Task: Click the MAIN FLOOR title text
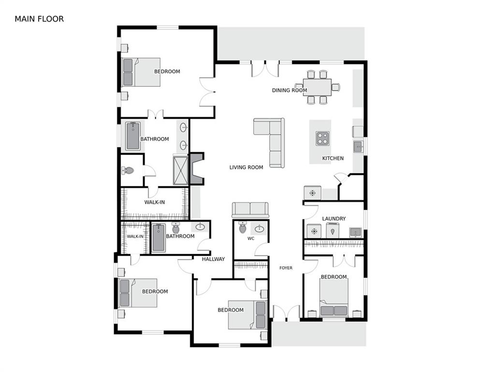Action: [x=39, y=19]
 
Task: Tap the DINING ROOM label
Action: [x=289, y=91]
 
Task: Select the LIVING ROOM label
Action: [x=247, y=167]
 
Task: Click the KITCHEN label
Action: [x=333, y=158]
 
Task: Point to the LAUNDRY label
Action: [x=334, y=218]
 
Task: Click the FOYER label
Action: [x=286, y=268]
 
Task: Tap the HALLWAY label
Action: [x=214, y=259]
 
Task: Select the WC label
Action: [x=251, y=239]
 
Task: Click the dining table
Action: [x=317, y=87]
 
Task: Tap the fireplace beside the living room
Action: [x=197, y=169]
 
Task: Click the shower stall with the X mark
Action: [x=181, y=170]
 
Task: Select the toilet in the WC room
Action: [x=243, y=228]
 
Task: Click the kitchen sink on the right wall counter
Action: [x=358, y=147]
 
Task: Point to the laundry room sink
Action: [x=355, y=232]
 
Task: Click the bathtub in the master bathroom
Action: [x=133, y=136]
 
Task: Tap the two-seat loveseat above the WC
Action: [x=250, y=210]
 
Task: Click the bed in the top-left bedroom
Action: [x=141, y=72]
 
